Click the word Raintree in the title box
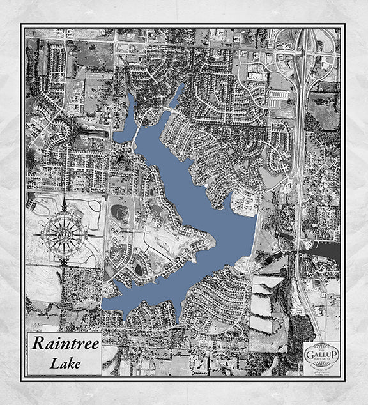click(x=63, y=343)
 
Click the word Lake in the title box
click(x=63, y=363)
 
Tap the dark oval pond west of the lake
click(x=119, y=211)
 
